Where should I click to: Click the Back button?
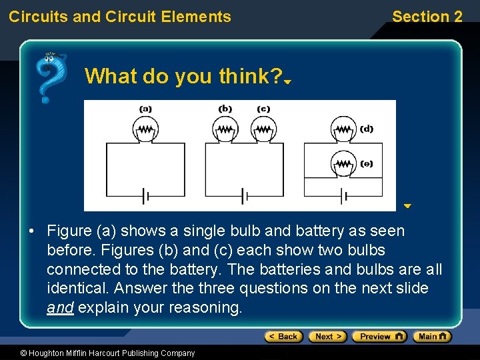[x=283, y=337]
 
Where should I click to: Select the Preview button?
[x=379, y=337]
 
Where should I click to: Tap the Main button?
[x=432, y=337]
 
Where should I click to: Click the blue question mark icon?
[x=50, y=77]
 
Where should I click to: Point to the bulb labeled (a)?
[x=145, y=129]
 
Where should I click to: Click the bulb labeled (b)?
[x=226, y=129]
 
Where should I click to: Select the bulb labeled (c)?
[x=263, y=129]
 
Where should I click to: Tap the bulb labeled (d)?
[x=343, y=129]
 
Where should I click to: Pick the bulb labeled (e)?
[x=343, y=163]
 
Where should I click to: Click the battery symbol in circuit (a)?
[x=145, y=197]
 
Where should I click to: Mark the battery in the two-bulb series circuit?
[x=245, y=197]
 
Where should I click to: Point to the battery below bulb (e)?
[x=343, y=197]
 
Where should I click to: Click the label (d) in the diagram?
[x=367, y=129]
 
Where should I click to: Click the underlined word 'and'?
[x=60, y=308]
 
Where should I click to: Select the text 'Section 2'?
[x=427, y=17]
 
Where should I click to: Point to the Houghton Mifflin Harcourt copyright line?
[x=98, y=353]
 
